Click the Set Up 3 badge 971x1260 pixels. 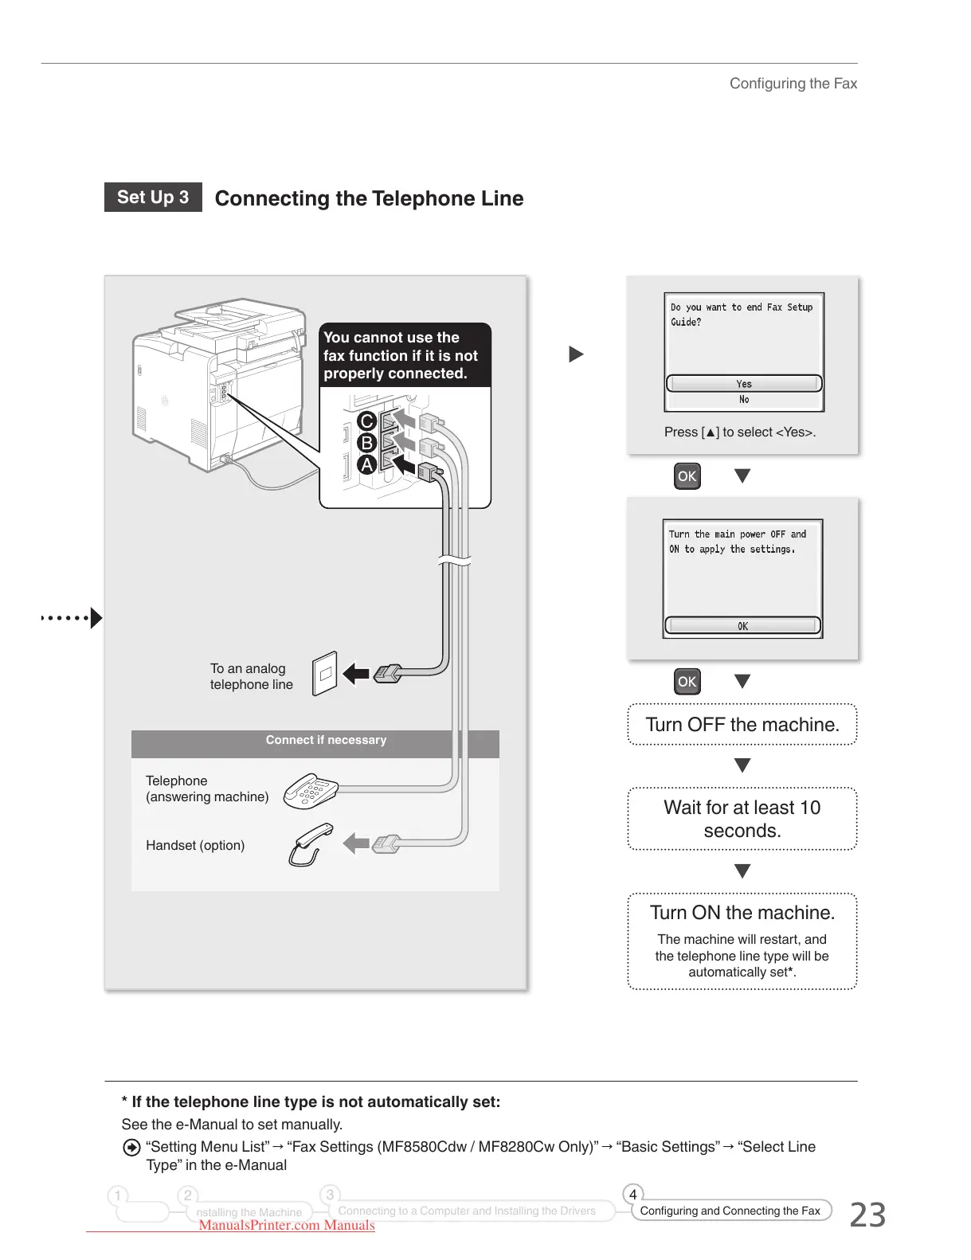click(153, 198)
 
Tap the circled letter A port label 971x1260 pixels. click(366, 464)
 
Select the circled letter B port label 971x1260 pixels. click(366, 443)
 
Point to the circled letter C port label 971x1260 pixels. click(366, 421)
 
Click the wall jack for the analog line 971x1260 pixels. click(324, 674)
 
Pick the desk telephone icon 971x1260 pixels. click(311, 790)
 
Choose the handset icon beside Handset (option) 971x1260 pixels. click(310, 844)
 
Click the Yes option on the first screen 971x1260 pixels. click(743, 384)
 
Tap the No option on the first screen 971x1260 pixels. click(743, 400)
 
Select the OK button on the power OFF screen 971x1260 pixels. click(742, 626)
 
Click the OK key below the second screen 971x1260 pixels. click(687, 682)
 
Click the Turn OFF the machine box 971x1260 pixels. click(742, 725)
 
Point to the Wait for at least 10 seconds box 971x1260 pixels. click(742, 819)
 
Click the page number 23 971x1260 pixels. click(867, 1215)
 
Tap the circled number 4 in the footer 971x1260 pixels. click(632, 1195)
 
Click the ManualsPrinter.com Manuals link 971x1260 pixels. click(287, 1226)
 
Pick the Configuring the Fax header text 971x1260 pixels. click(793, 84)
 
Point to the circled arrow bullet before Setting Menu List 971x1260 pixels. click(131, 1148)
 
